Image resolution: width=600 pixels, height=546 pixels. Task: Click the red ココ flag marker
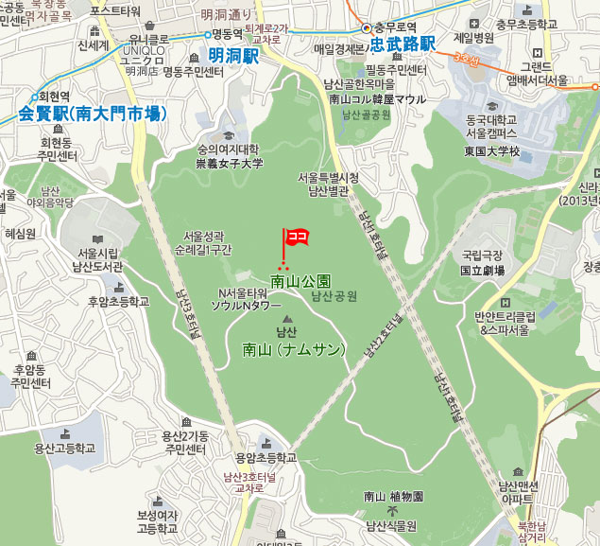point(298,237)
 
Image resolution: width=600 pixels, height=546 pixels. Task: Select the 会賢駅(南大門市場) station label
point(92,114)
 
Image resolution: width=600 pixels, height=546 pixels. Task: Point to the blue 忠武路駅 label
point(402,44)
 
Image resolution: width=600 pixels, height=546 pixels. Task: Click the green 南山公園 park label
point(300,281)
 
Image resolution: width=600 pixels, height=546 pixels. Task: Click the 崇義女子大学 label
point(230,163)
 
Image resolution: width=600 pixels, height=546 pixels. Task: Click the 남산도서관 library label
point(98,266)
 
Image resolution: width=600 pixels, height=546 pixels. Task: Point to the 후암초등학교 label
point(119,302)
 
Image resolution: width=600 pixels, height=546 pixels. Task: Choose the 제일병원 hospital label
point(474,38)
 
